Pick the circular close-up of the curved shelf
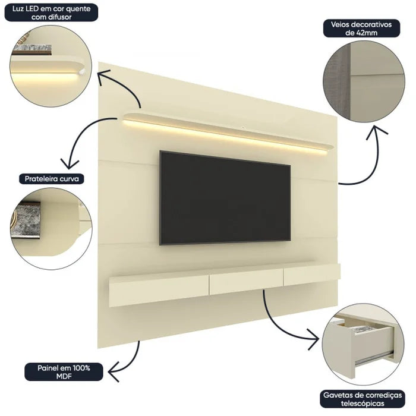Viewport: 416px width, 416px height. pos(50,218)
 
